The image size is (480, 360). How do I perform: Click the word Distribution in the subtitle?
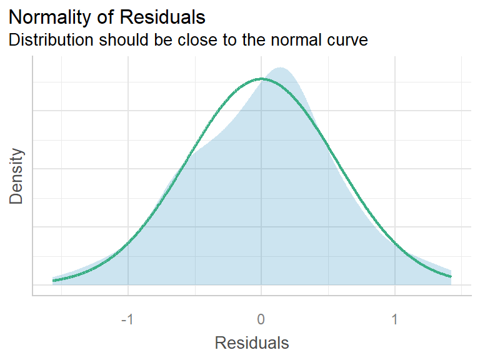(x=52, y=40)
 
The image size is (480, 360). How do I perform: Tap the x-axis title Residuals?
(x=252, y=342)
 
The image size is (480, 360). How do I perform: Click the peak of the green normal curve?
(x=261, y=79)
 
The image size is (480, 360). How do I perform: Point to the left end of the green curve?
(x=53, y=281)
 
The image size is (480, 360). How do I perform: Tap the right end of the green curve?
(x=451, y=276)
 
